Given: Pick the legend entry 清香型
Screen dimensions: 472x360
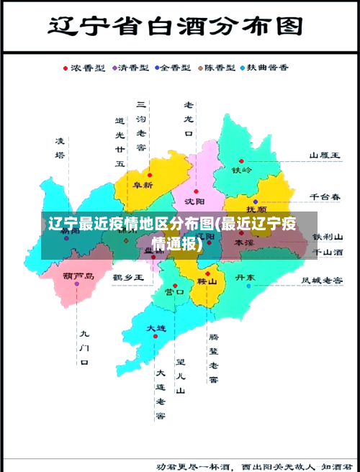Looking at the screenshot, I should pyautogui.click(x=132, y=68).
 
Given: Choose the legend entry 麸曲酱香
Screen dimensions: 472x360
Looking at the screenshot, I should pyautogui.click(x=268, y=68).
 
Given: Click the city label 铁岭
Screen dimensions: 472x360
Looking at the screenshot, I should pyautogui.click(x=242, y=170).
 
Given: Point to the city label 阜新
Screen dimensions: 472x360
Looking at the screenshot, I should pyautogui.click(x=143, y=184).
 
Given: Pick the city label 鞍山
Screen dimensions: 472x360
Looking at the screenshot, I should pyautogui.click(x=207, y=282).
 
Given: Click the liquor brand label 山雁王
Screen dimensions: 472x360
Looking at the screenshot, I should pyautogui.click(x=325, y=155).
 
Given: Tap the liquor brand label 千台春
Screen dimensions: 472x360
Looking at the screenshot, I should pyautogui.click(x=325, y=196).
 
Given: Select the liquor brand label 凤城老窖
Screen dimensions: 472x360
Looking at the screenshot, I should pyautogui.click(x=322, y=280).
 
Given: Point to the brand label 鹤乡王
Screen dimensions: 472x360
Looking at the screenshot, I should pyautogui.click(x=129, y=276).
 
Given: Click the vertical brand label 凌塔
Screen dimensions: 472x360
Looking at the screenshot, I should pyautogui.click(x=60, y=147).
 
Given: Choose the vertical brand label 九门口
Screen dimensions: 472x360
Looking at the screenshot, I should pyautogui.click(x=84, y=348).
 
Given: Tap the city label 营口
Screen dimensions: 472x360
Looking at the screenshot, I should pyautogui.click(x=174, y=291).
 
